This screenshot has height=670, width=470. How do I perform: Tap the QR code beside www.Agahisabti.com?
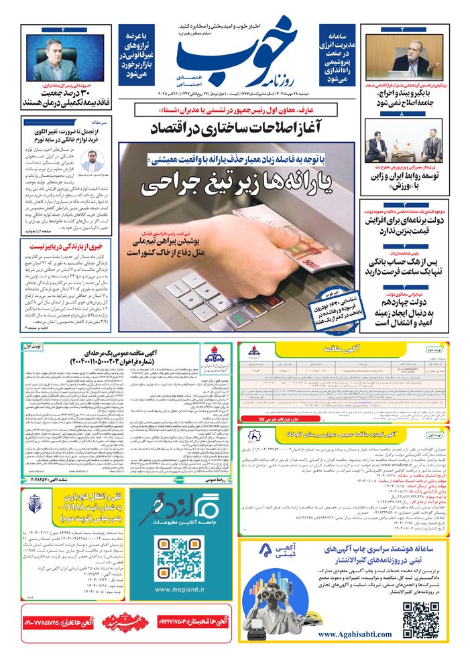pyautogui.click(x=421, y=620)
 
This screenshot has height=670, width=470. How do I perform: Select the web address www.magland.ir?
pyautogui.click(x=179, y=590)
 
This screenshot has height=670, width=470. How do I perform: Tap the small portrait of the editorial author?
pyautogui.click(x=92, y=161)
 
